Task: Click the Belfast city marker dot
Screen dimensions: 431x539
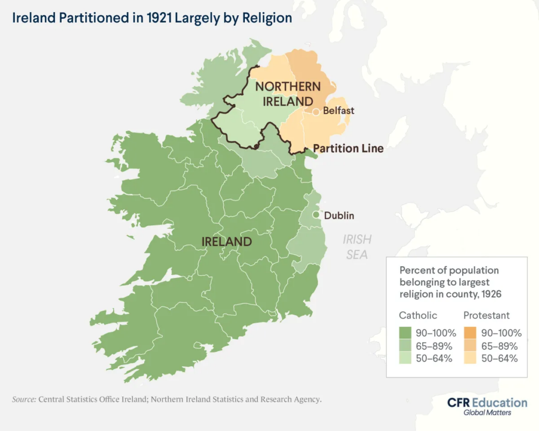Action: [316, 112]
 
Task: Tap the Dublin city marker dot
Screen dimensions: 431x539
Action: [316, 215]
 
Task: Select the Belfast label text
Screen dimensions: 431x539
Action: [338, 111]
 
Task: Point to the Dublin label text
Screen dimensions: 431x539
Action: [339, 215]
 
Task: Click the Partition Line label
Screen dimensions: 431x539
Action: [348, 148]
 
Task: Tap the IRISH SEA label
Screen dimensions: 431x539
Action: [357, 247]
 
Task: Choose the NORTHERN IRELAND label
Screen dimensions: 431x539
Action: [287, 93]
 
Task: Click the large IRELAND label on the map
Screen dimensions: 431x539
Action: [226, 242]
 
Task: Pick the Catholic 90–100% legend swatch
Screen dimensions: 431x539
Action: [405, 333]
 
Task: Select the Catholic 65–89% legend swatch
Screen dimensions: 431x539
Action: [405, 346]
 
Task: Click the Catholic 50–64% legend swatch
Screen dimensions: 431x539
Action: [405, 358]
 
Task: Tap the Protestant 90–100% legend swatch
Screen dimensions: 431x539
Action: [470, 333]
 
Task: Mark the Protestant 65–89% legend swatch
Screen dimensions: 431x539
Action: [470, 346]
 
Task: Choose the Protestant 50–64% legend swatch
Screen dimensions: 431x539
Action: [470, 358]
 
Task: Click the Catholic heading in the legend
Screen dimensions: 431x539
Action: [418, 315]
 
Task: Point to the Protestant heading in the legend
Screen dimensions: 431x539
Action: [486, 315]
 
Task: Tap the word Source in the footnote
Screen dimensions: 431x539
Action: [24, 399]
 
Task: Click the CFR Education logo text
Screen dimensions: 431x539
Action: [487, 403]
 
